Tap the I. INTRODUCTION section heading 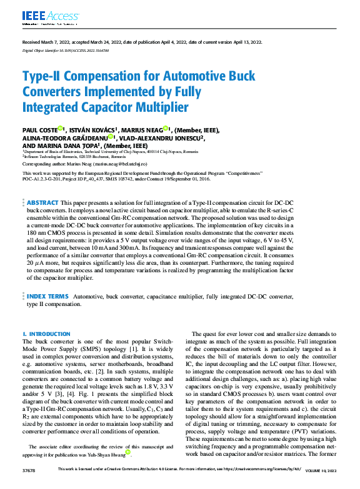pyautogui.click(x=46, y=334)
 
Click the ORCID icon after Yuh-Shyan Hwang pyautogui.click(x=128, y=452)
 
